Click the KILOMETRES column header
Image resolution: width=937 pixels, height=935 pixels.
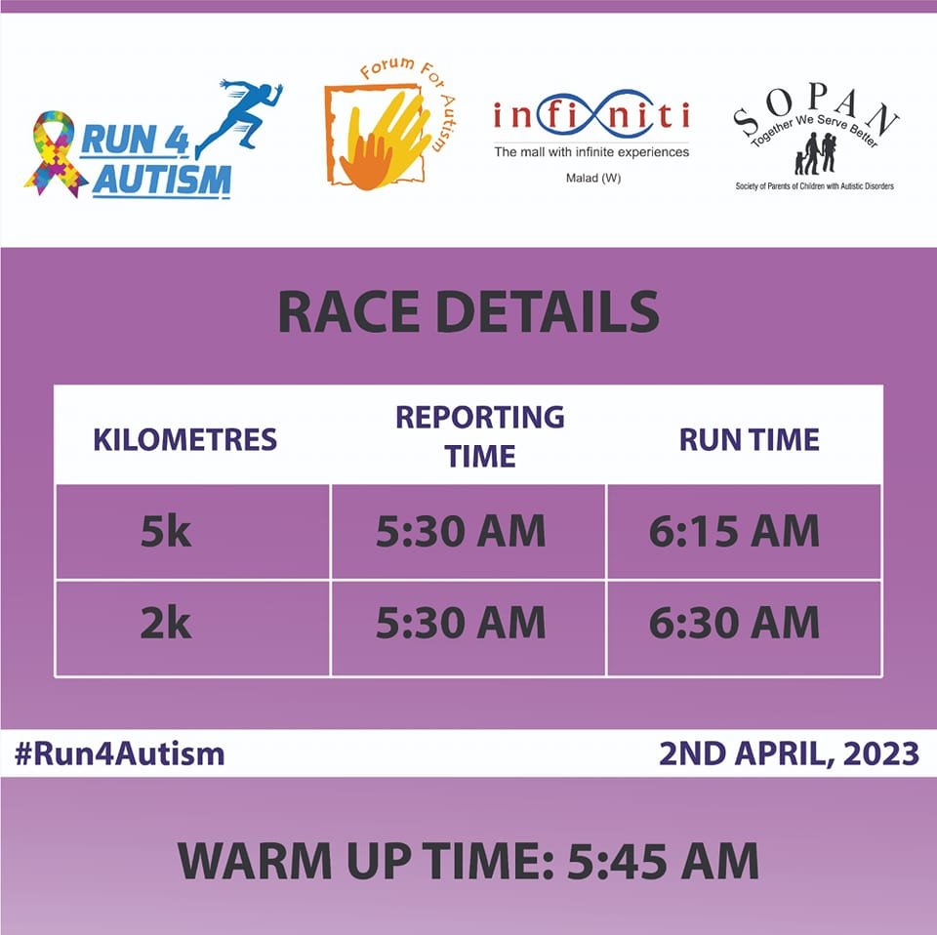pos(185,440)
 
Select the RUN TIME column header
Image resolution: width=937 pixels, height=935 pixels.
pos(750,440)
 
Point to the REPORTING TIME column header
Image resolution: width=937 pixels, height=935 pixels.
pos(480,436)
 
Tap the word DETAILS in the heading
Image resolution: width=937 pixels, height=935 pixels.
pos(548,312)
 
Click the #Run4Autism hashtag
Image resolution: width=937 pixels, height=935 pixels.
pos(119,753)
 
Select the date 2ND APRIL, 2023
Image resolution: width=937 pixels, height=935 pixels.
pos(789,753)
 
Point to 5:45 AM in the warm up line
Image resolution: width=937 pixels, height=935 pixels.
pos(663,861)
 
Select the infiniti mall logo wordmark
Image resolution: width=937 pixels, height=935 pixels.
pos(591,115)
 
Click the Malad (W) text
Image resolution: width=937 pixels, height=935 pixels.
pos(592,178)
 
